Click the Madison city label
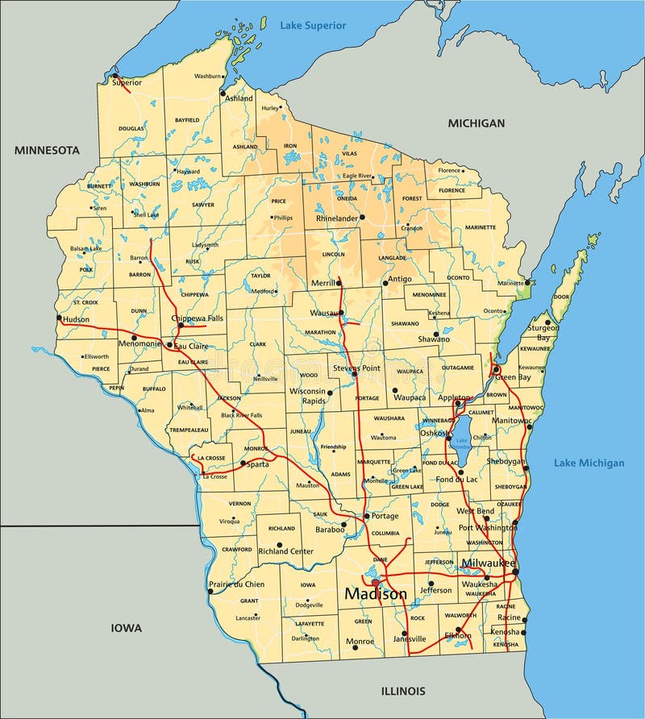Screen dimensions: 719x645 point(376,594)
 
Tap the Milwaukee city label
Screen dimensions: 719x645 point(488,563)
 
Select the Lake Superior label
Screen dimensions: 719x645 point(313,26)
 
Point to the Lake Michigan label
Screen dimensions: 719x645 point(589,463)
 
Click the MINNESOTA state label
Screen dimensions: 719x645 point(47,150)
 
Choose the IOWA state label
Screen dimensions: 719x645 point(127,627)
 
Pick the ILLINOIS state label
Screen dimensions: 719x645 point(402,691)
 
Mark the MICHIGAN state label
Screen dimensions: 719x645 point(476,123)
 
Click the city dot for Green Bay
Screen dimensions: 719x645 point(496,369)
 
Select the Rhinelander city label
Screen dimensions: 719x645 point(336,218)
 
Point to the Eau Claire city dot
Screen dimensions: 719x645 point(169,345)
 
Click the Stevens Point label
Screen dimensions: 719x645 point(356,368)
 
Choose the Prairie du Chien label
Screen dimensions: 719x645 point(236,584)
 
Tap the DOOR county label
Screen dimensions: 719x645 point(561,297)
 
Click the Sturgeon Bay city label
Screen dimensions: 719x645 point(543,333)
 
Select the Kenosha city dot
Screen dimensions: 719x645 point(525,620)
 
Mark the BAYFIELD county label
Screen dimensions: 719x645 point(187,119)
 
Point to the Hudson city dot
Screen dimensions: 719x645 point(59,318)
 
